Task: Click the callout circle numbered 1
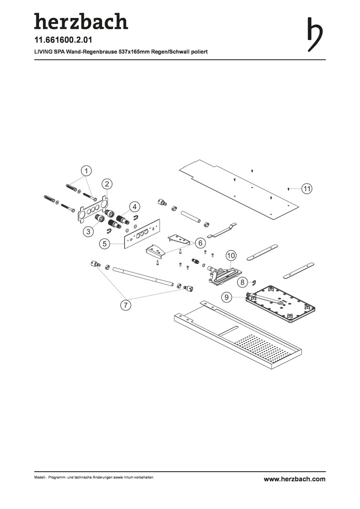point(86,171)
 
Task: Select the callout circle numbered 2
point(107,184)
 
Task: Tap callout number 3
point(88,231)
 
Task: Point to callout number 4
point(134,206)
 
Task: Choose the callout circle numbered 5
point(105,244)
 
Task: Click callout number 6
point(200,243)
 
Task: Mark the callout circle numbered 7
point(125,305)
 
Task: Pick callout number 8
point(243,282)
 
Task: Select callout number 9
point(227,297)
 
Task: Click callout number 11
point(307,188)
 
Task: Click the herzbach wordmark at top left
point(81,21)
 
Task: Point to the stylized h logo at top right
point(315,34)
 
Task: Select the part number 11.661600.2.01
point(63,40)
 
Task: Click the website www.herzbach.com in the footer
point(295,479)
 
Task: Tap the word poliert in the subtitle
point(199,52)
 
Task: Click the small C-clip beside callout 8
point(254,283)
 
